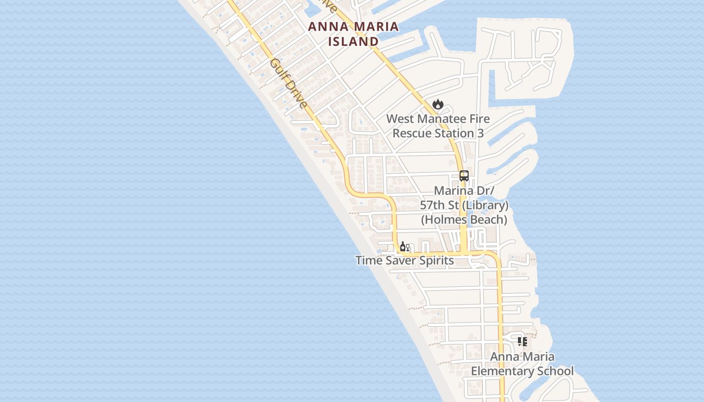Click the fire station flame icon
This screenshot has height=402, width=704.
(x=438, y=104)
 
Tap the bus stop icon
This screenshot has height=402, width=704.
(x=464, y=176)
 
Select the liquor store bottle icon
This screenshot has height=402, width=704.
(x=403, y=246)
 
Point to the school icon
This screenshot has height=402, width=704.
(x=522, y=342)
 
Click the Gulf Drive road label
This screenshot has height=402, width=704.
(x=288, y=83)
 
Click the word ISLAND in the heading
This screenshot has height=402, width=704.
(x=354, y=41)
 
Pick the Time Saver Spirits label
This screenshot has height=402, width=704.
(x=404, y=260)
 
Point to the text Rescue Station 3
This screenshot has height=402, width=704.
(x=437, y=133)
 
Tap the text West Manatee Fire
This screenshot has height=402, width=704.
(x=437, y=119)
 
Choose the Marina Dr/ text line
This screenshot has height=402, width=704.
(x=464, y=191)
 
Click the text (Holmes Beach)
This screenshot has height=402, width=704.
(x=464, y=220)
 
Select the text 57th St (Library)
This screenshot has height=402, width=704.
(x=464, y=205)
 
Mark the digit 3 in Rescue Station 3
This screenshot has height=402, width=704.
(x=480, y=133)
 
